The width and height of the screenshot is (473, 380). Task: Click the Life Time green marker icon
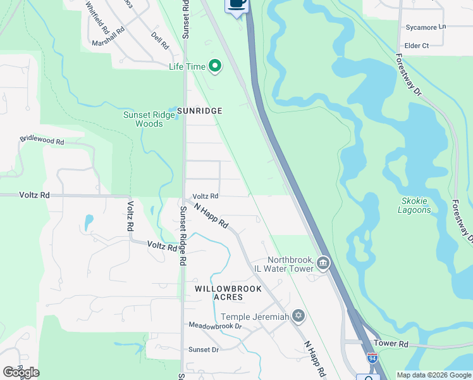pos(215,66)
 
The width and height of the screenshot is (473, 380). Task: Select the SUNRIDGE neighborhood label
pos(199,111)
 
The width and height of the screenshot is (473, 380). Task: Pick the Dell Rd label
pos(160,42)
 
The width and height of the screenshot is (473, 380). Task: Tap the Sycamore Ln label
pos(426,27)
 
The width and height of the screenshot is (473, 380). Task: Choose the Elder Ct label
pos(416,46)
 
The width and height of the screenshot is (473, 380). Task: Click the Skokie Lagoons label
pos(415,205)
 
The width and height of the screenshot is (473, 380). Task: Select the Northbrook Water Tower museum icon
pos(323,262)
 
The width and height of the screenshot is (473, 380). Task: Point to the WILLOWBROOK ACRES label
pos(219,292)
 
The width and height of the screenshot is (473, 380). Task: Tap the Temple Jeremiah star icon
pos(298,316)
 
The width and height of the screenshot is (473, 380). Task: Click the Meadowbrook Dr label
pos(215,326)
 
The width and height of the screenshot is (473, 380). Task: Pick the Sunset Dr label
pos(203,350)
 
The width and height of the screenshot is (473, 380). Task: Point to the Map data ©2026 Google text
pos(433,375)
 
